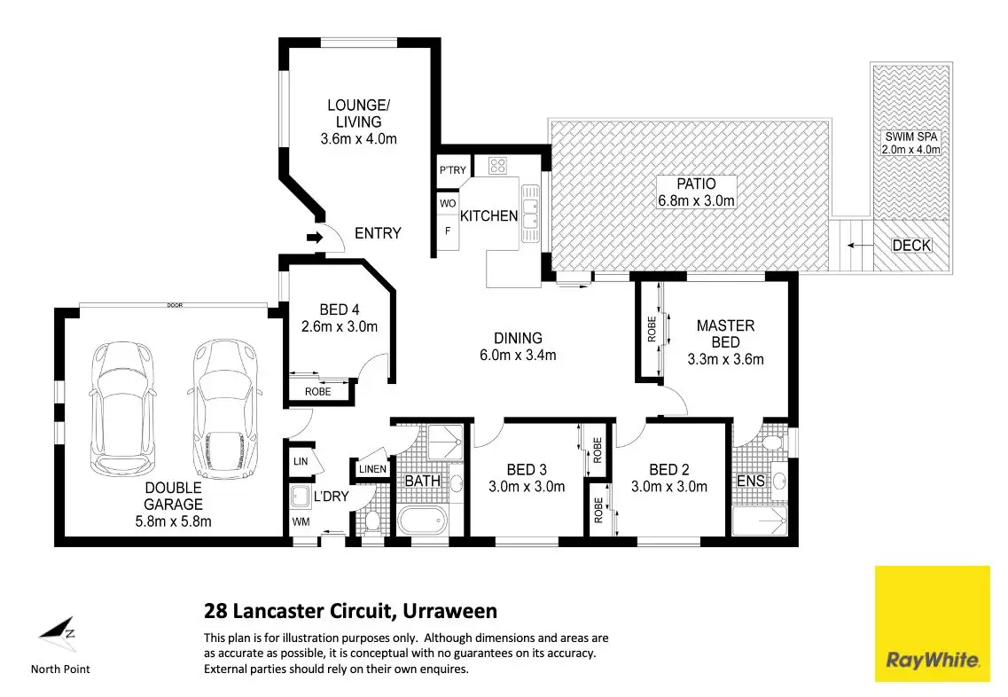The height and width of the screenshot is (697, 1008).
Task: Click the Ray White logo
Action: coord(932,623)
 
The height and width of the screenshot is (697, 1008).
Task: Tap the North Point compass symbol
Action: coord(58,633)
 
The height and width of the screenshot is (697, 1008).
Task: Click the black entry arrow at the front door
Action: coord(315,238)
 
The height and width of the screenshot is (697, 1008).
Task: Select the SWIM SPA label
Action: coord(911,137)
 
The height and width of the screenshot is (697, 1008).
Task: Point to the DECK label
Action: coord(911,245)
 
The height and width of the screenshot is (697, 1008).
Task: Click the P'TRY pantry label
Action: coord(452,170)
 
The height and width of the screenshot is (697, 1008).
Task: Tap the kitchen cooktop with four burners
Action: coord(497,166)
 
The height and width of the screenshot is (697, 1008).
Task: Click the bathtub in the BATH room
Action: coord(422,520)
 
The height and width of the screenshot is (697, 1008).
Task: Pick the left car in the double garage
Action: coord(122,408)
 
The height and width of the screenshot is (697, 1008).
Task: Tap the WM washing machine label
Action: coord(301,521)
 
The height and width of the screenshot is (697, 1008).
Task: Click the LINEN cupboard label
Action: coord(372,469)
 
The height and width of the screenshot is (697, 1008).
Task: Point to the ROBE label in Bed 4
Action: coord(317,392)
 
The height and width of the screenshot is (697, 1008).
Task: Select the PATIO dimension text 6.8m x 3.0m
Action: coord(696,200)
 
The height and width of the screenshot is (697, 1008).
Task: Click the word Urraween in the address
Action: coord(449,611)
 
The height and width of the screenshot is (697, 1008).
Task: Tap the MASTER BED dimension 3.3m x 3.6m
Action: coord(725,359)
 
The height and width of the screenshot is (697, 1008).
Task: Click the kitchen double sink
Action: coord(530,214)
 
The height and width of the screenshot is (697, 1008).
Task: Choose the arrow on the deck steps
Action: coord(859,245)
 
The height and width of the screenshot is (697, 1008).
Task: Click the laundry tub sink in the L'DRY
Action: coord(301,497)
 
